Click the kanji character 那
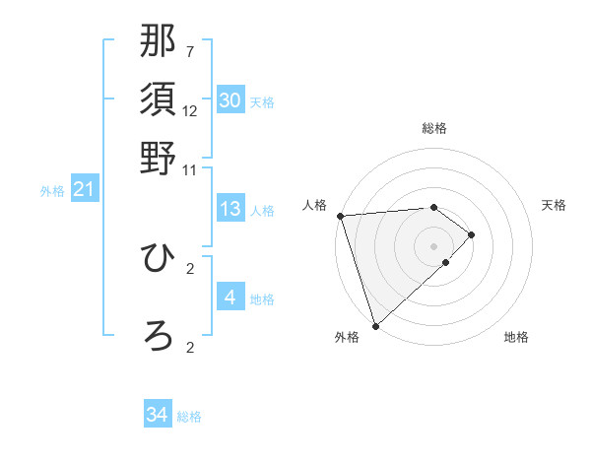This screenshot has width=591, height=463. (x=159, y=40)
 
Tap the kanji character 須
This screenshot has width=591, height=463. (x=159, y=99)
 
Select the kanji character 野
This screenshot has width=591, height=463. (x=159, y=158)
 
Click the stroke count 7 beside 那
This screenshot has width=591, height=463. (x=190, y=51)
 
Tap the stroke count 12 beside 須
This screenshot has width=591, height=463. (x=190, y=110)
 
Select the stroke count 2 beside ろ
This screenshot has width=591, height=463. (x=190, y=347)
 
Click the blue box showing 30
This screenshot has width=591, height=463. (x=230, y=100)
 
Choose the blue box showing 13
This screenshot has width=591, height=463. (x=230, y=209)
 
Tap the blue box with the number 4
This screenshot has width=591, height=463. (x=230, y=298)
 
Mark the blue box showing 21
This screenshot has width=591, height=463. (x=84, y=189)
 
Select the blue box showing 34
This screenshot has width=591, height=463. (x=158, y=415)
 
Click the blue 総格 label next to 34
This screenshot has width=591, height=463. (x=190, y=417)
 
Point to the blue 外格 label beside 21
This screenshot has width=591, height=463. (x=52, y=191)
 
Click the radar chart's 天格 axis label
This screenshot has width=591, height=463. (x=555, y=205)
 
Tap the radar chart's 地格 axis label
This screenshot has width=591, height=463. (x=516, y=338)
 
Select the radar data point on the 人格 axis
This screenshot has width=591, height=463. (x=340, y=216)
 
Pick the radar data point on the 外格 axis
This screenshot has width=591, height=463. (x=375, y=325)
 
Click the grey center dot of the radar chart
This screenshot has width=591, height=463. (x=433, y=245)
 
